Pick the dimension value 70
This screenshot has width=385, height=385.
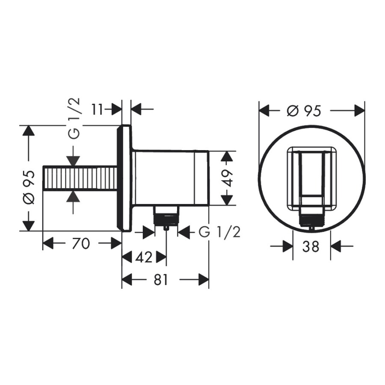tap(81, 244)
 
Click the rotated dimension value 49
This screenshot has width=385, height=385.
tap(228, 178)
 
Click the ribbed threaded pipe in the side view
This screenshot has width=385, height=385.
tap(80, 178)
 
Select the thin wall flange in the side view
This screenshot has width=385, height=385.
tap(125, 178)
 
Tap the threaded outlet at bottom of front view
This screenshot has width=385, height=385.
tap(311, 220)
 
